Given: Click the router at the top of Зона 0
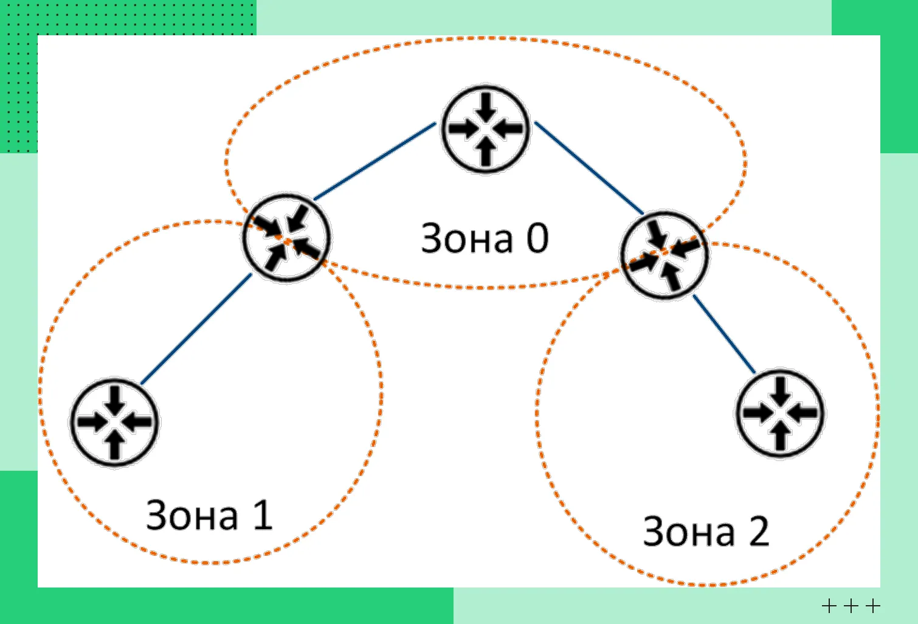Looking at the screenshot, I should [x=485, y=129].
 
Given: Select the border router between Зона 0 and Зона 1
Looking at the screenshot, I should [x=286, y=238].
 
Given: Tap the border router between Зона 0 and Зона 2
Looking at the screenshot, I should [x=664, y=255].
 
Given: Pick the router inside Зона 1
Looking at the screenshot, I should [x=114, y=422].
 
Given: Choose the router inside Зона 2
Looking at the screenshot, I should [x=780, y=413].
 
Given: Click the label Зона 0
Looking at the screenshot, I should [x=485, y=238].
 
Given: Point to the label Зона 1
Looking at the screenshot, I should [x=209, y=515].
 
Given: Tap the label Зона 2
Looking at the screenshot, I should [x=706, y=532].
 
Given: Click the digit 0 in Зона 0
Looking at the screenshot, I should [x=537, y=238].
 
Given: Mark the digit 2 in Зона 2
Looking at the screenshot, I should [x=759, y=531].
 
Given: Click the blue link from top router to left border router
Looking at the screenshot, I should [x=374, y=161].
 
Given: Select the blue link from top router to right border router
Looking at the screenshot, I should [x=588, y=168].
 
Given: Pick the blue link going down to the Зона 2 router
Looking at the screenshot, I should [x=724, y=334].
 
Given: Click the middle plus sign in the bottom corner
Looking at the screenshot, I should [x=851, y=606].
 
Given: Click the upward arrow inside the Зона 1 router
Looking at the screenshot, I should [x=115, y=443].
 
